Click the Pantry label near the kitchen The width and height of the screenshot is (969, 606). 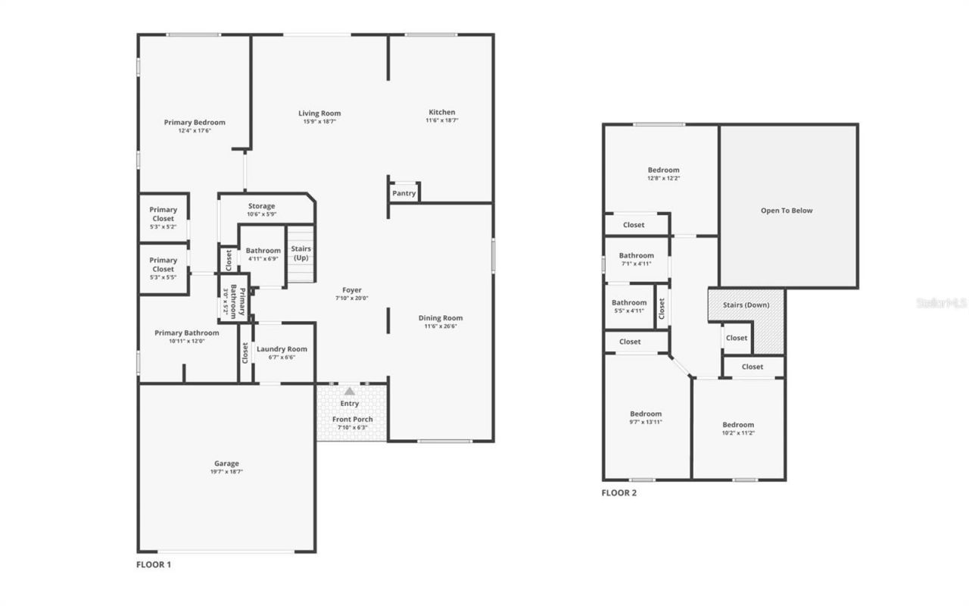click(404, 193)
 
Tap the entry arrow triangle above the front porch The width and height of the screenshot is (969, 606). click(349, 392)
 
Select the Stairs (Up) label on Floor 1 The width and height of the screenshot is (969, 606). click(301, 253)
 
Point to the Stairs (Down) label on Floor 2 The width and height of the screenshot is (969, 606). click(746, 305)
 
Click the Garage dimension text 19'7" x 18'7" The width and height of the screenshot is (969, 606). click(226, 472)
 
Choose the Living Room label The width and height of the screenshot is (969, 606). click(319, 114)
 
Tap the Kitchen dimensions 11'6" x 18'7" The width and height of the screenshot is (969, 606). click(442, 120)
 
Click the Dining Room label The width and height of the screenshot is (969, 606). click(441, 318)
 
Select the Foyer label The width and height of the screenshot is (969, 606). click(352, 290)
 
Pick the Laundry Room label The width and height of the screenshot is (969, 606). click(282, 349)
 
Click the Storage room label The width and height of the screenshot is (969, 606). click(262, 206)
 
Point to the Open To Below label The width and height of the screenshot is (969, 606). click(787, 211)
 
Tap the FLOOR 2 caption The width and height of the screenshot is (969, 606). click(619, 493)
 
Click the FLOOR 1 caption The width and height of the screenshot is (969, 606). click(154, 564)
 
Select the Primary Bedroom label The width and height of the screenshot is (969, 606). click(195, 123)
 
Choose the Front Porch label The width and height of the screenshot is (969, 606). click(353, 420)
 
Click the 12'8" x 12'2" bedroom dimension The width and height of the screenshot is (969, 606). click(663, 179)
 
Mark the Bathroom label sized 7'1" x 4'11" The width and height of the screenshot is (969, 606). click(636, 256)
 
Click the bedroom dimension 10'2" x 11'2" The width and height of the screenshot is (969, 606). click(738, 433)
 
